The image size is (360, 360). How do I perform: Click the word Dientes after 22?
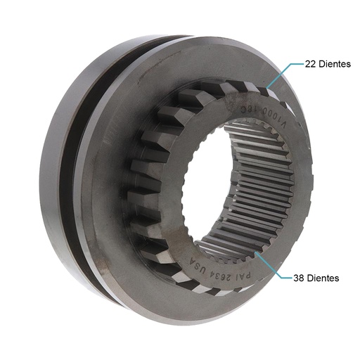335,63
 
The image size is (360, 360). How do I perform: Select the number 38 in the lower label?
300,278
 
